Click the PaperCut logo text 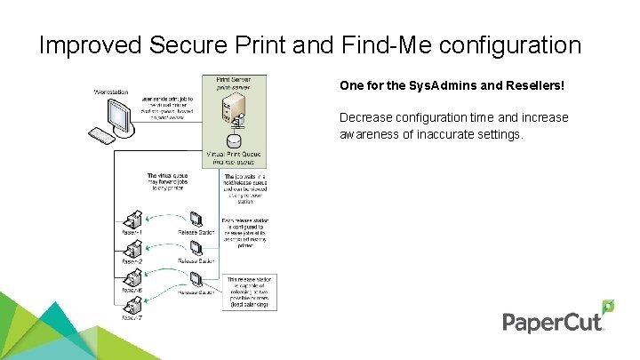[551, 323]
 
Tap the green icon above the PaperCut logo [608, 308]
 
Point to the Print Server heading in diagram [235, 80]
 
